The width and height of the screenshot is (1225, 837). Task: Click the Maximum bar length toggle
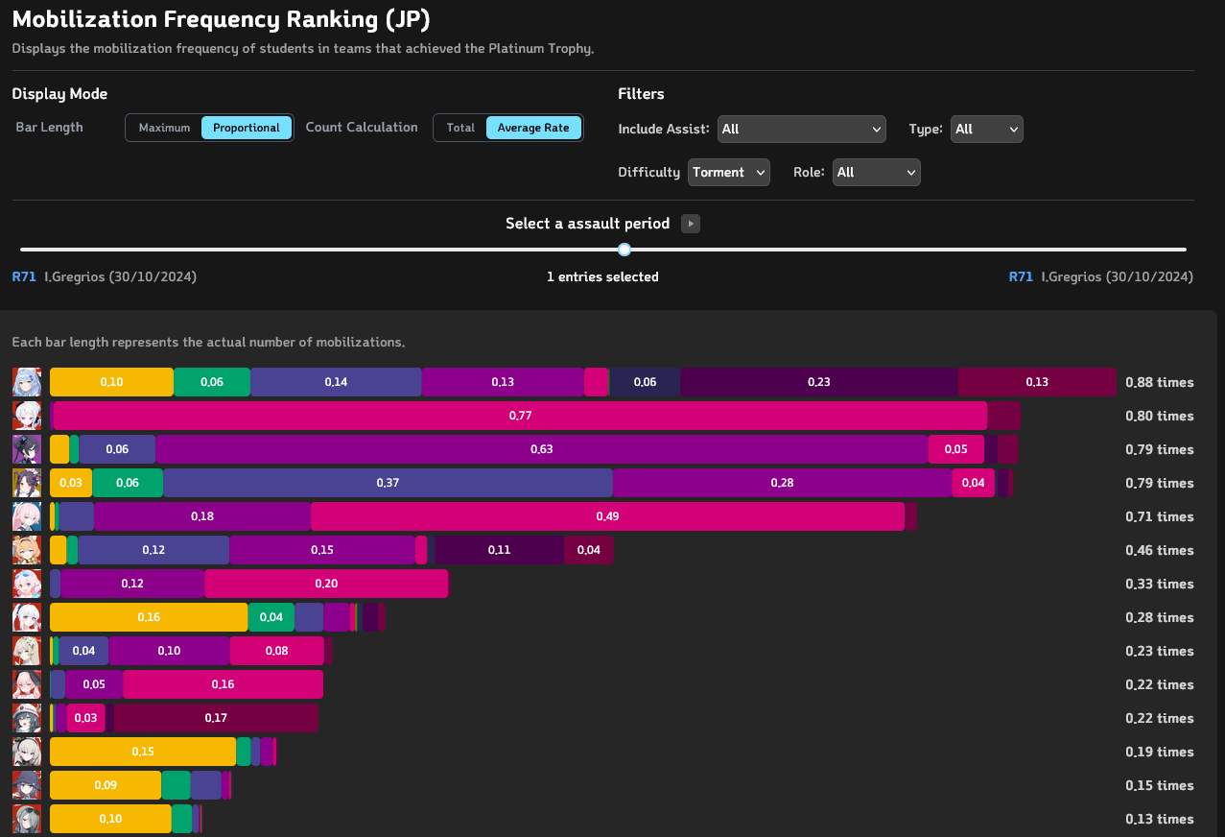click(164, 128)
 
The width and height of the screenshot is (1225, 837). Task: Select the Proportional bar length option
click(247, 128)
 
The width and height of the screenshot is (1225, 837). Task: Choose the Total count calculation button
click(460, 128)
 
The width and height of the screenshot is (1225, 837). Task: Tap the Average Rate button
click(533, 128)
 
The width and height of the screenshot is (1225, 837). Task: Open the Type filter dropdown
click(986, 129)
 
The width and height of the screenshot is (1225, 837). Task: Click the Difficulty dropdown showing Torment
click(728, 173)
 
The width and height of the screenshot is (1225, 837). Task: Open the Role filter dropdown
click(876, 173)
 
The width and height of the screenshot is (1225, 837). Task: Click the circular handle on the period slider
click(624, 250)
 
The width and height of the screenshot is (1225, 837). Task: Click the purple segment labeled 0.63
click(542, 449)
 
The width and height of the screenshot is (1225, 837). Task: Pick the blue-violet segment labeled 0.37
click(388, 483)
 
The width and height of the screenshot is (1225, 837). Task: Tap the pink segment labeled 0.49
click(607, 516)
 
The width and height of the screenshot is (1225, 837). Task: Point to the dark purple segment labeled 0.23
click(818, 382)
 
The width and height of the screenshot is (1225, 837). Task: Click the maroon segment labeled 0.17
click(216, 718)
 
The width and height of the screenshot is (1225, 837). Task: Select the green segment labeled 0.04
click(271, 617)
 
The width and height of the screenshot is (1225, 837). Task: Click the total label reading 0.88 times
click(1159, 382)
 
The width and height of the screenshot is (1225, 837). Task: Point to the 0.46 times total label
click(1159, 550)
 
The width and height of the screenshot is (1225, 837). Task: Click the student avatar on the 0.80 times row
click(26, 416)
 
